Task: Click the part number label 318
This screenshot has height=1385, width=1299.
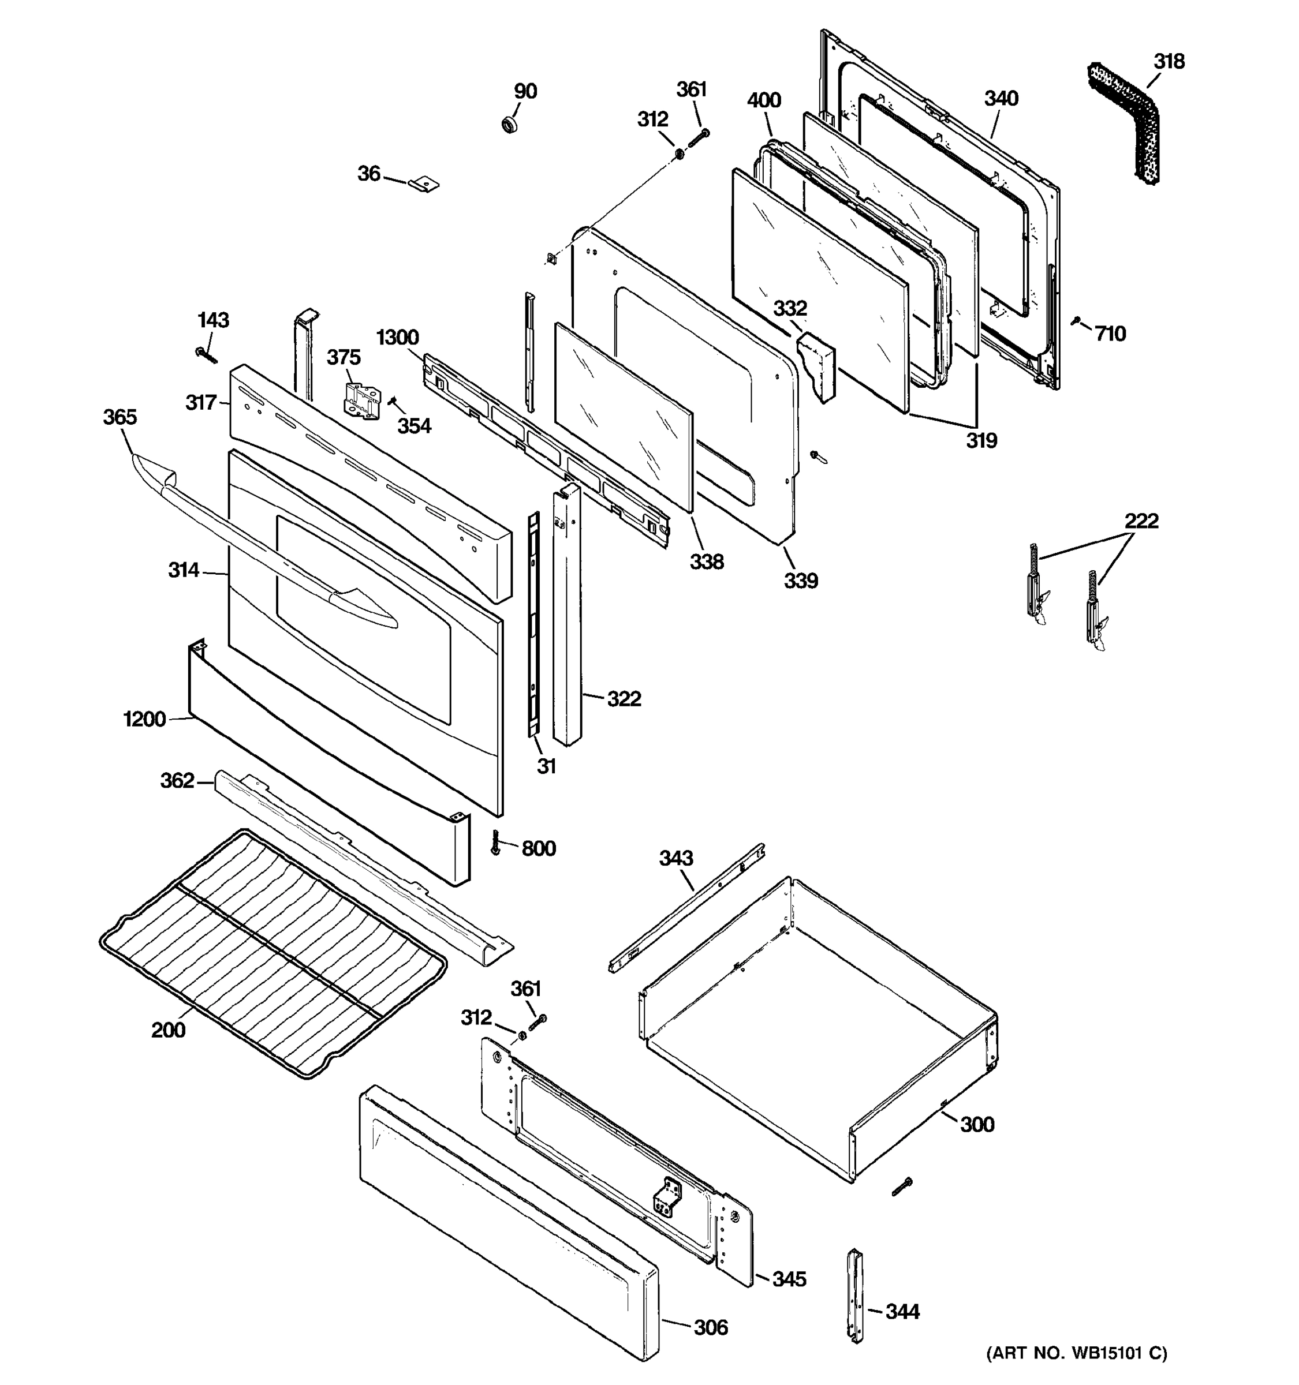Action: tap(1169, 62)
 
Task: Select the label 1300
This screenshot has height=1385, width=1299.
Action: tap(397, 338)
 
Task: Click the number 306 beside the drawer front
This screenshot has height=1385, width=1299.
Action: tap(710, 1328)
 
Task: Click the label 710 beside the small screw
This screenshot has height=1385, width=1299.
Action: tap(1110, 334)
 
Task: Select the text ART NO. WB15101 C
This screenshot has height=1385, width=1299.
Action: tap(1076, 1353)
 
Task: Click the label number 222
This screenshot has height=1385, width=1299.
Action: tap(1141, 521)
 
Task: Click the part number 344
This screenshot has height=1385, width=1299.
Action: tap(902, 1312)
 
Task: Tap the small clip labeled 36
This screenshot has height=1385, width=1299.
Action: tap(424, 184)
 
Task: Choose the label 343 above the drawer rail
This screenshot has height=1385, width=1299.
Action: tap(676, 858)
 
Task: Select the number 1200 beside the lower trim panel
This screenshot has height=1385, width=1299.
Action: tap(144, 719)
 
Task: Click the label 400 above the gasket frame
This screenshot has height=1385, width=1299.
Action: tap(764, 100)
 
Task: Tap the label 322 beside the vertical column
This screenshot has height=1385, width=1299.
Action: tap(623, 699)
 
